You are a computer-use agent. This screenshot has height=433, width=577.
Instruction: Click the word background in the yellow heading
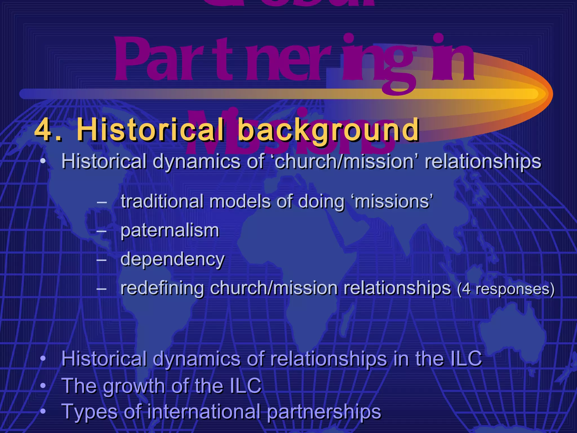pos(329,130)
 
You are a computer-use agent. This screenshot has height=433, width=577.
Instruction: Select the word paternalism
pos(170,231)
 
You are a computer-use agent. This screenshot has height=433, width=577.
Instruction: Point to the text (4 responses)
pos(506,289)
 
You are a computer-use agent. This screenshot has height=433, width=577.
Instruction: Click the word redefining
pos(162,289)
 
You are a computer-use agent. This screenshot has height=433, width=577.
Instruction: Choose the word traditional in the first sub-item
pos(162,202)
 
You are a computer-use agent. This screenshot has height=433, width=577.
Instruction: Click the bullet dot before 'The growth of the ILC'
pos(43,385)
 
